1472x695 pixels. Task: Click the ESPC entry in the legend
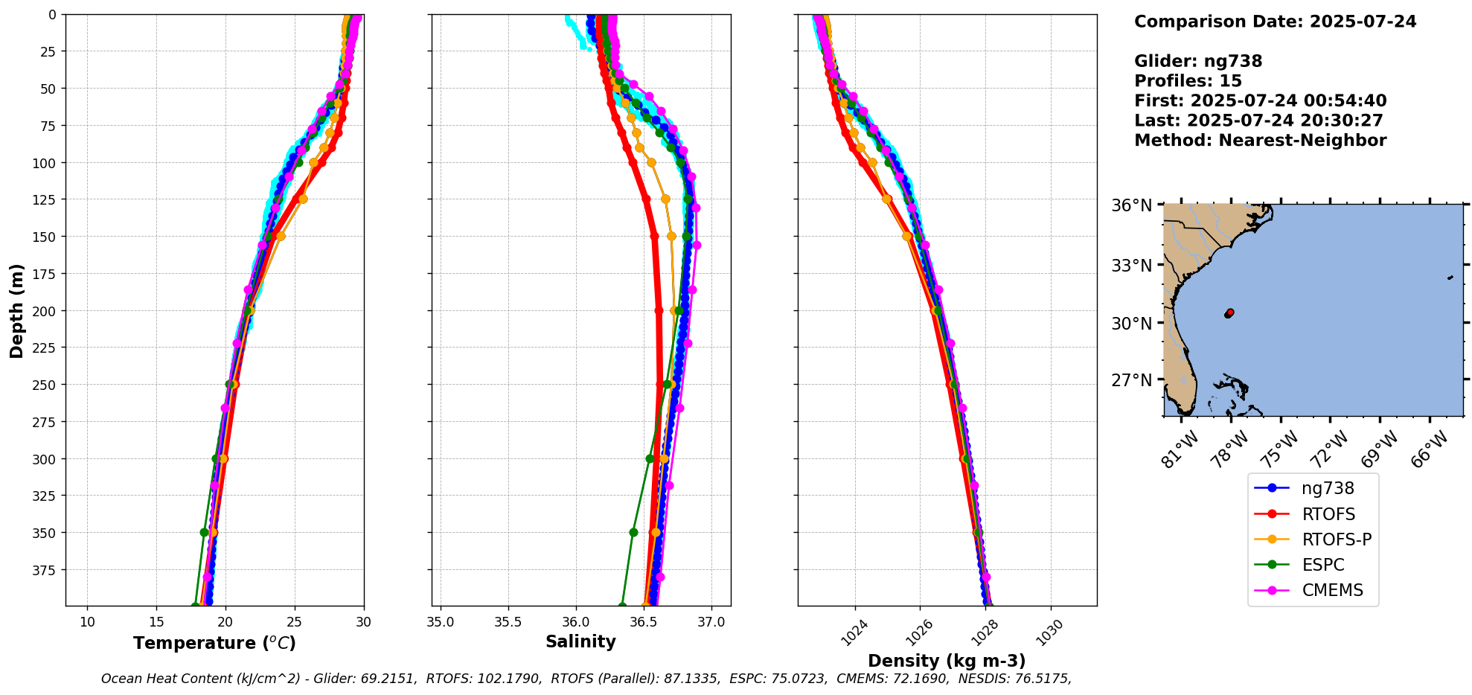pyautogui.click(x=1323, y=565)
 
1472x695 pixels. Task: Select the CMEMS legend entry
pyautogui.click(x=1332, y=590)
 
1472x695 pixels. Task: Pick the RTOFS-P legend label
pyautogui.click(x=1337, y=539)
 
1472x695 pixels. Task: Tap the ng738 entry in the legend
pyautogui.click(x=1328, y=488)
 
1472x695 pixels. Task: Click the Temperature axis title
pyautogui.click(x=214, y=643)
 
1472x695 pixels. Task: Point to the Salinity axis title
pyautogui.click(x=580, y=641)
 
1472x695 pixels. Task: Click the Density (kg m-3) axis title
pyautogui.click(x=947, y=661)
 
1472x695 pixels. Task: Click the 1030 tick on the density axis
pyautogui.click(x=1050, y=634)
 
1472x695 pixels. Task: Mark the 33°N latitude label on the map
pyautogui.click(x=1131, y=266)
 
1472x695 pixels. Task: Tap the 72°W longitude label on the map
pyautogui.click(x=1329, y=449)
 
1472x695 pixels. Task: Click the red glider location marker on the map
pyautogui.click(x=1229, y=313)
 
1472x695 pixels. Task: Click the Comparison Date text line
pyautogui.click(x=1275, y=22)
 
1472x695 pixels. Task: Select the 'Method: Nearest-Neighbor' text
pyautogui.click(x=1260, y=141)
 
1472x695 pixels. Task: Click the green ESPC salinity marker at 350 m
pyautogui.click(x=633, y=532)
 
